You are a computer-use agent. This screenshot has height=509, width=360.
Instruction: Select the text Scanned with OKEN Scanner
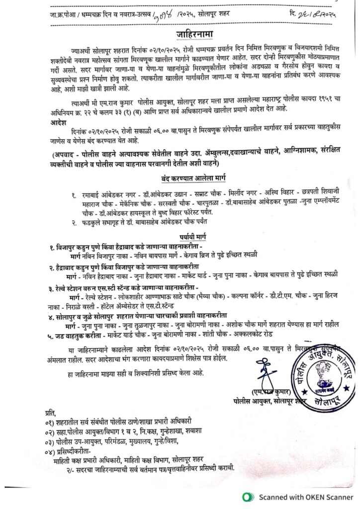(x=304, y=497)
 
